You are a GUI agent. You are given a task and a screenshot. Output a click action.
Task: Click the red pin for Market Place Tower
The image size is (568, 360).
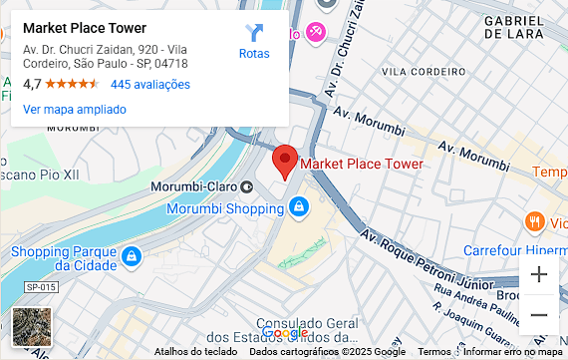coord(285,160)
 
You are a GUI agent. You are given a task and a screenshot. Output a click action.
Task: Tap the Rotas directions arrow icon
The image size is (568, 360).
coord(254,34)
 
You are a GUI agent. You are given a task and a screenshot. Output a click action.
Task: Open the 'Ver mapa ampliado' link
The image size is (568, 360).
coord(74,109)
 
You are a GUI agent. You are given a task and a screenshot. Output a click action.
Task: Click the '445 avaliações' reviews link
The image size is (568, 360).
coord(149,85)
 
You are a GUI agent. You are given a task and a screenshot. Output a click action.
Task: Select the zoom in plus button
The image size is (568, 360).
coord(539,274)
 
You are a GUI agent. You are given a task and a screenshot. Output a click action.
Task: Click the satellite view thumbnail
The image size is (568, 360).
coord(31,326)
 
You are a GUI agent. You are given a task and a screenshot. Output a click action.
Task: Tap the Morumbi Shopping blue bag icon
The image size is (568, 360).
coord(297,207)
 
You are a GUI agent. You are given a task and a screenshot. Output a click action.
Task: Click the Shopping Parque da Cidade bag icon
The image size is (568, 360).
coord(131,257)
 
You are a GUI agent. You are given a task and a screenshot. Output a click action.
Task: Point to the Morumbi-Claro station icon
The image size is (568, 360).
coord(246,186)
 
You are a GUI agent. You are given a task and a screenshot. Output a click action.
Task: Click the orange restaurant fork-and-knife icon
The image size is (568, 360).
coord(535,221)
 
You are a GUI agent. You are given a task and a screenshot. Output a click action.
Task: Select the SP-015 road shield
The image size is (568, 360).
coord(41,287)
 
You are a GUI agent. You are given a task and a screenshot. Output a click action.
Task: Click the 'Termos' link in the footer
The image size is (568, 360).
coord(434,352)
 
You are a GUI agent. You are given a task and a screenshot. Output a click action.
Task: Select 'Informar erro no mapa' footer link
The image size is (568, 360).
coord(513,352)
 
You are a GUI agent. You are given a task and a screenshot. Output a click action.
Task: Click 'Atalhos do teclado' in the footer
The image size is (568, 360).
coord(195,352)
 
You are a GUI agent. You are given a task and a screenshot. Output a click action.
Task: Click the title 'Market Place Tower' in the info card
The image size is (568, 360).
coord(84,28)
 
